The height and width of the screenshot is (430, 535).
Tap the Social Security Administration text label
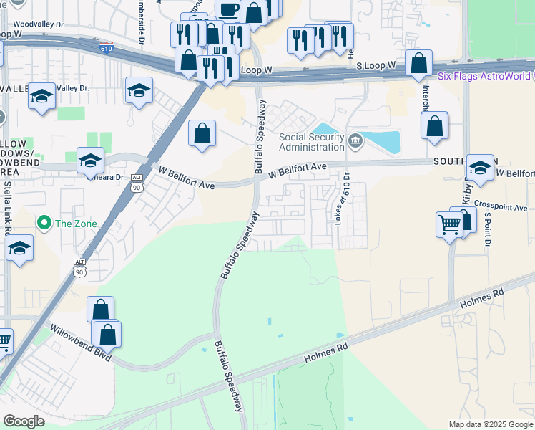point(311,142)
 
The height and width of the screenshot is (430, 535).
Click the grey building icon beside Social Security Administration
point(356,139)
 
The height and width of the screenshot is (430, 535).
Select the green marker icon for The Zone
point(45,224)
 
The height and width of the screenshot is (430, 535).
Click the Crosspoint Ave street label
point(499,206)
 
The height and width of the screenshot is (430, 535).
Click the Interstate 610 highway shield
point(106,48)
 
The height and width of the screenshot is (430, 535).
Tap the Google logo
point(24,421)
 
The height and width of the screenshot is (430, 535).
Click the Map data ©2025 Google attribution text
point(491,424)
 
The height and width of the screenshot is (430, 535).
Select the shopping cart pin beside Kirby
point(449,224)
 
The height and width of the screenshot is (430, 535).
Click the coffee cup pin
point(229,10)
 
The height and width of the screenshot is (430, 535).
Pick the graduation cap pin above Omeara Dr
point(90,160)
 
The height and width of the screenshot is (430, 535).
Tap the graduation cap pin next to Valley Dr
point(139,90)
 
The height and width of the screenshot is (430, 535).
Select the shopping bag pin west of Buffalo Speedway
point(202,133)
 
